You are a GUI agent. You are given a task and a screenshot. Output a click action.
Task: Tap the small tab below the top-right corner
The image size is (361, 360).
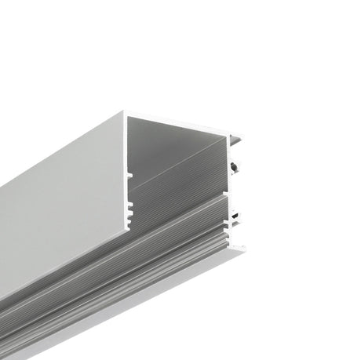pyautogui.click(x=238, y=141)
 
